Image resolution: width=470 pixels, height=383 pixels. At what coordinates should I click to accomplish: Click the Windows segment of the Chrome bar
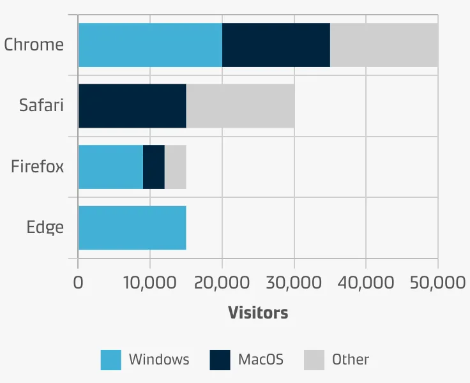coord(150,45)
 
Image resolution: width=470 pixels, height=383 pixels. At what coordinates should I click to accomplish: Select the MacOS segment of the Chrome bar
coord(276,45)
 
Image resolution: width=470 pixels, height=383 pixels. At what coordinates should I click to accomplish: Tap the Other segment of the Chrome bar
coord(384,45)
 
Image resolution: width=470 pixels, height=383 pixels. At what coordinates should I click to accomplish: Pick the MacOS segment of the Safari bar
coord(132,105)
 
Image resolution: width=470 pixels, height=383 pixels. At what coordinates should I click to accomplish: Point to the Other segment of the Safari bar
coord(240,105)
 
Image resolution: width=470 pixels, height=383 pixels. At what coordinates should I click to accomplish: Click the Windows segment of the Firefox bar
coord(110,167)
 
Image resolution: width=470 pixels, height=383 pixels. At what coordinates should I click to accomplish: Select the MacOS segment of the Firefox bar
coord(154,167)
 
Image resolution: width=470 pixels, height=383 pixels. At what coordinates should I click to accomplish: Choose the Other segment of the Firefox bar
coord(176,167)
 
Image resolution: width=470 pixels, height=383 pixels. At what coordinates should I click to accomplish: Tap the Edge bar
coord(132,227)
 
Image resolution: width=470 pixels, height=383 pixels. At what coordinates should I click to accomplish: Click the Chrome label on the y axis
coord(34,45)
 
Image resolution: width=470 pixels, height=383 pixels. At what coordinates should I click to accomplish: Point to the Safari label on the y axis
coord(42,105)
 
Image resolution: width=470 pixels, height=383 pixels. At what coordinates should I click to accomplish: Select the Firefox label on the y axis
coord(38,167)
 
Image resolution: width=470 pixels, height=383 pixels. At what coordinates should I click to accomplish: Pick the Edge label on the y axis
coord(45,227)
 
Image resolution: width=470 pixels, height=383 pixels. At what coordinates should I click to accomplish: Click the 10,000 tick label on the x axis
coord(149,283)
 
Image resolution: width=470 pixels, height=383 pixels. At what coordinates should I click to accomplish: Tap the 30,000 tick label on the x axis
coord(294,283)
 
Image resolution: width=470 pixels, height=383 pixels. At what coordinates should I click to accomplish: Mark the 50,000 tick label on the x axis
coord(437,283)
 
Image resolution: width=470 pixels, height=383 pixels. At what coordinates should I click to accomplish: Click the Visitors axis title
coord(258,313)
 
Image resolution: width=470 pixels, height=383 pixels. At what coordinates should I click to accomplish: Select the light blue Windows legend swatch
coord(110,360)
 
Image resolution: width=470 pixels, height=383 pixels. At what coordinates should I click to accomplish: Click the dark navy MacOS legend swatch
coord(220,360)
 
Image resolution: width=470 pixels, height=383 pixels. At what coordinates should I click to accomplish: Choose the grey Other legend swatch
coord(314,360)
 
